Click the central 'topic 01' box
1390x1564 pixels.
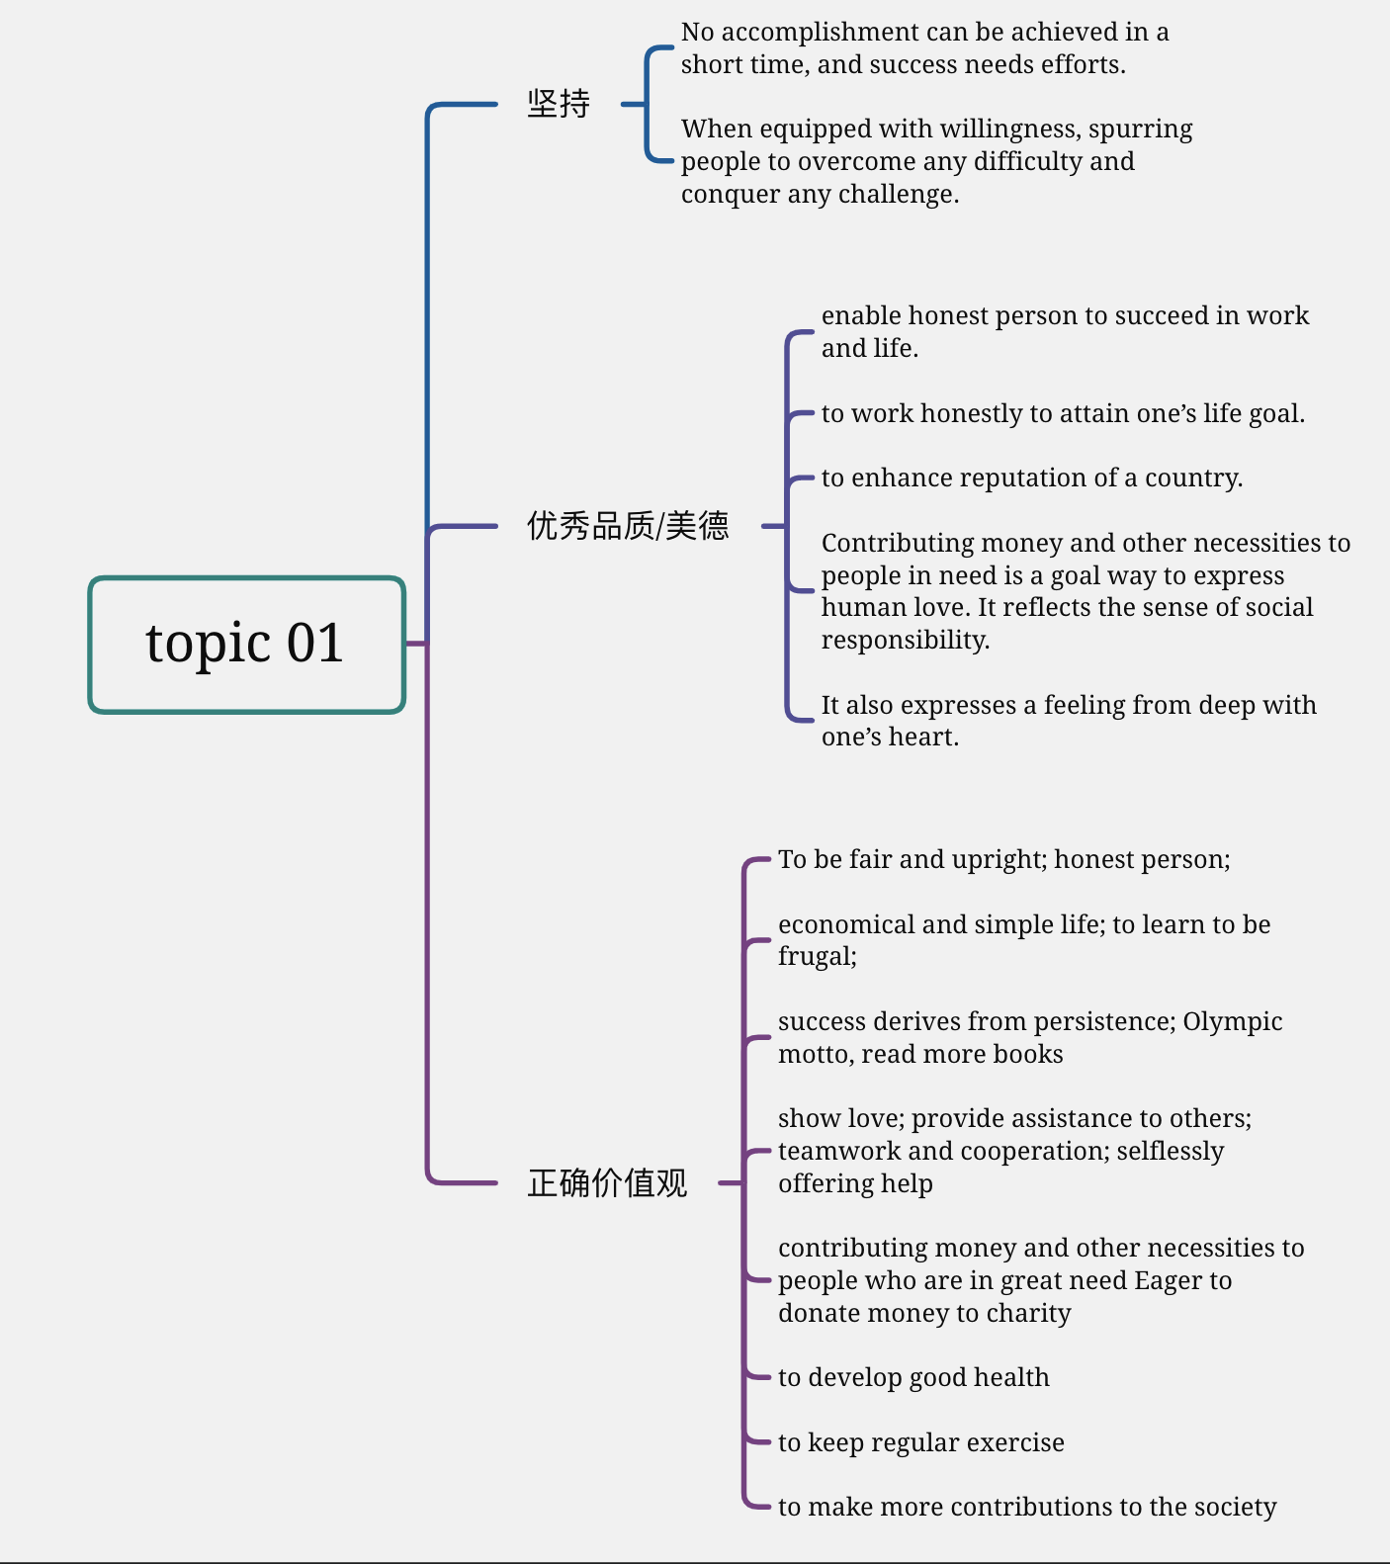(x=247, y=645)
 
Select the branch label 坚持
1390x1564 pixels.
(x=559, y=104)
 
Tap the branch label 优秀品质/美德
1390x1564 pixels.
(x=628, y=526)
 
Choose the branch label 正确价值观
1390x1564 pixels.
(x=607, y=1182)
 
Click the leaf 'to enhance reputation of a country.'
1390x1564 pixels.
(x=1032, y=478)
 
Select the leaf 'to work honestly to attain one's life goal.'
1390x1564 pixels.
(x=1063, y=413)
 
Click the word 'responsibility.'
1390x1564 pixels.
(x=906, y=640)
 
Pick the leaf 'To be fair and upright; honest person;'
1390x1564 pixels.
(x=1003, y=860)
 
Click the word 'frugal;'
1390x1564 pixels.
(x=818, y=957)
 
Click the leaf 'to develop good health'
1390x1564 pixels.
(x=913, y=1377)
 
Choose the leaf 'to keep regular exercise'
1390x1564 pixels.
(x=920, y=1442)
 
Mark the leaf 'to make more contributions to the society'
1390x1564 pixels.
(x=1027, y=1507)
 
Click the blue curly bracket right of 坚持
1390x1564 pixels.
(x=647, y=104)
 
